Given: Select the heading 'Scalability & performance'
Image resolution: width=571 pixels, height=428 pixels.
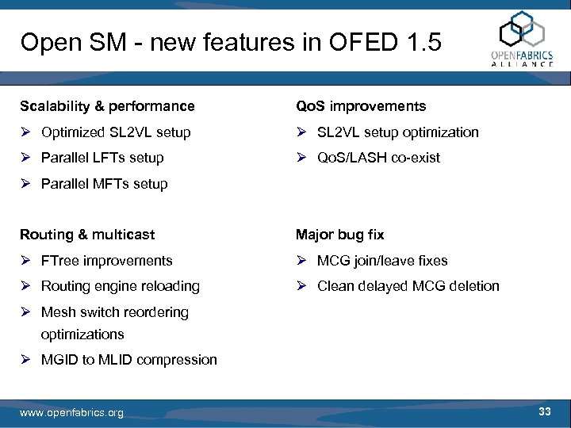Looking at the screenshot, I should (107, 106).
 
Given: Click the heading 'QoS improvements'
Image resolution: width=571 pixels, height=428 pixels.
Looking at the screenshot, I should (361, 106).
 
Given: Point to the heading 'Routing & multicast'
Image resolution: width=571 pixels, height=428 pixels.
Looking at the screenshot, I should (87, 235).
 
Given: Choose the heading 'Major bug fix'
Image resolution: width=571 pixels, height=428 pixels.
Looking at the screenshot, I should (339, 235).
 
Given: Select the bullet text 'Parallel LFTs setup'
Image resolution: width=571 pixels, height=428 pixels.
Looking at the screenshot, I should (102, 158).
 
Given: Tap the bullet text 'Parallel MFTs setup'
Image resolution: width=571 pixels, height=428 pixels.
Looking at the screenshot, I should (105, 184).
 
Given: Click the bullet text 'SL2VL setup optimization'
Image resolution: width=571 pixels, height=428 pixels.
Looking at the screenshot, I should (397, 132).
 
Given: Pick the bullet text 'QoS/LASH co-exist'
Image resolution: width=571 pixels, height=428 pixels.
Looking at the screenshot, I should (378, 158).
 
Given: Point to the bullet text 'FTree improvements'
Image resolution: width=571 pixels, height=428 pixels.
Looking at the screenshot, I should (106, 261).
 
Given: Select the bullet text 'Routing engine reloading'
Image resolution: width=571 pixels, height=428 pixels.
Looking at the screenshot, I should (120, 286).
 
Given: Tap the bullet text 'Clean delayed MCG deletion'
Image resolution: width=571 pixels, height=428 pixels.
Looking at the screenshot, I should (408, 286).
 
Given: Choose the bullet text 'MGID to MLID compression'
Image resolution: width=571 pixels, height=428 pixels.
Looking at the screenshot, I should (128, 360).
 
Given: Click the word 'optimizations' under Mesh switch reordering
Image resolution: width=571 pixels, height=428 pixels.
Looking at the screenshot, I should (82, 334).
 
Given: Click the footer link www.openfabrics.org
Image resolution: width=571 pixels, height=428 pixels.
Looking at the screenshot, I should (71, 413).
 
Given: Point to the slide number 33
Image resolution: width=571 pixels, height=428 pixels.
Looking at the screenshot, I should (544, 411).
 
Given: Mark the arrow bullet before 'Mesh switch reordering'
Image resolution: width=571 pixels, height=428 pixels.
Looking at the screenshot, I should (25, 312).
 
